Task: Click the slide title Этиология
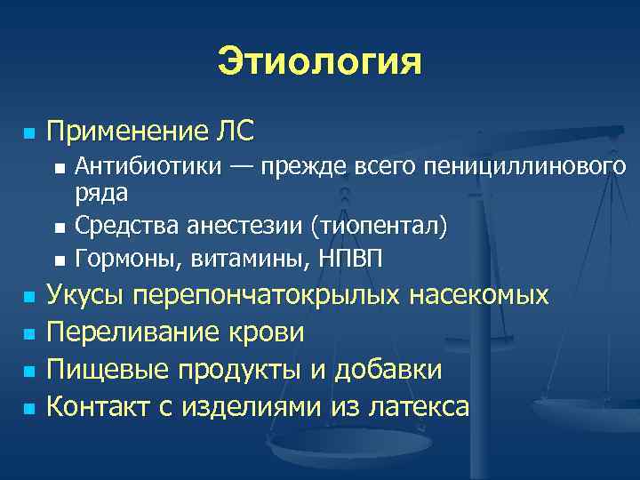coord(319,63)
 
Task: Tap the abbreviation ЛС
coord(233,132)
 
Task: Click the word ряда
coord(101,192)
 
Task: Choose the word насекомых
coord(478,296)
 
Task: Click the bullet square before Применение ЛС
coord(28,134)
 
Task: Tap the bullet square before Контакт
coord(28,408)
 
